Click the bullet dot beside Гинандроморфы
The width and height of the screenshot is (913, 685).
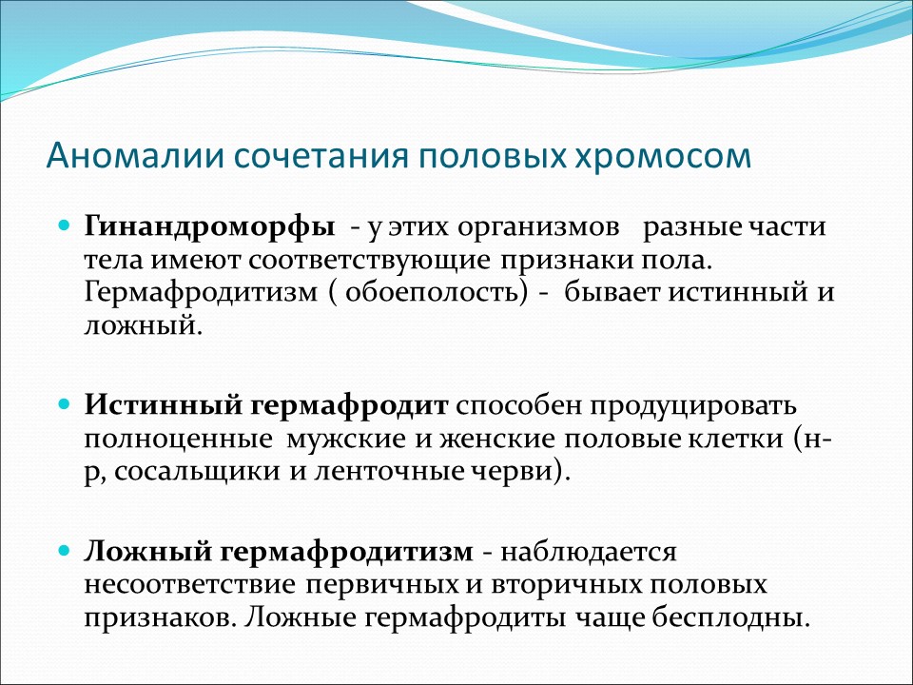(x=65, y=226)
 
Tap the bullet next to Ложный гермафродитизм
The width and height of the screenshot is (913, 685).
(x=65, y=549)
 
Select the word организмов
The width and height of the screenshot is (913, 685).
(x=537, y=228)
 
